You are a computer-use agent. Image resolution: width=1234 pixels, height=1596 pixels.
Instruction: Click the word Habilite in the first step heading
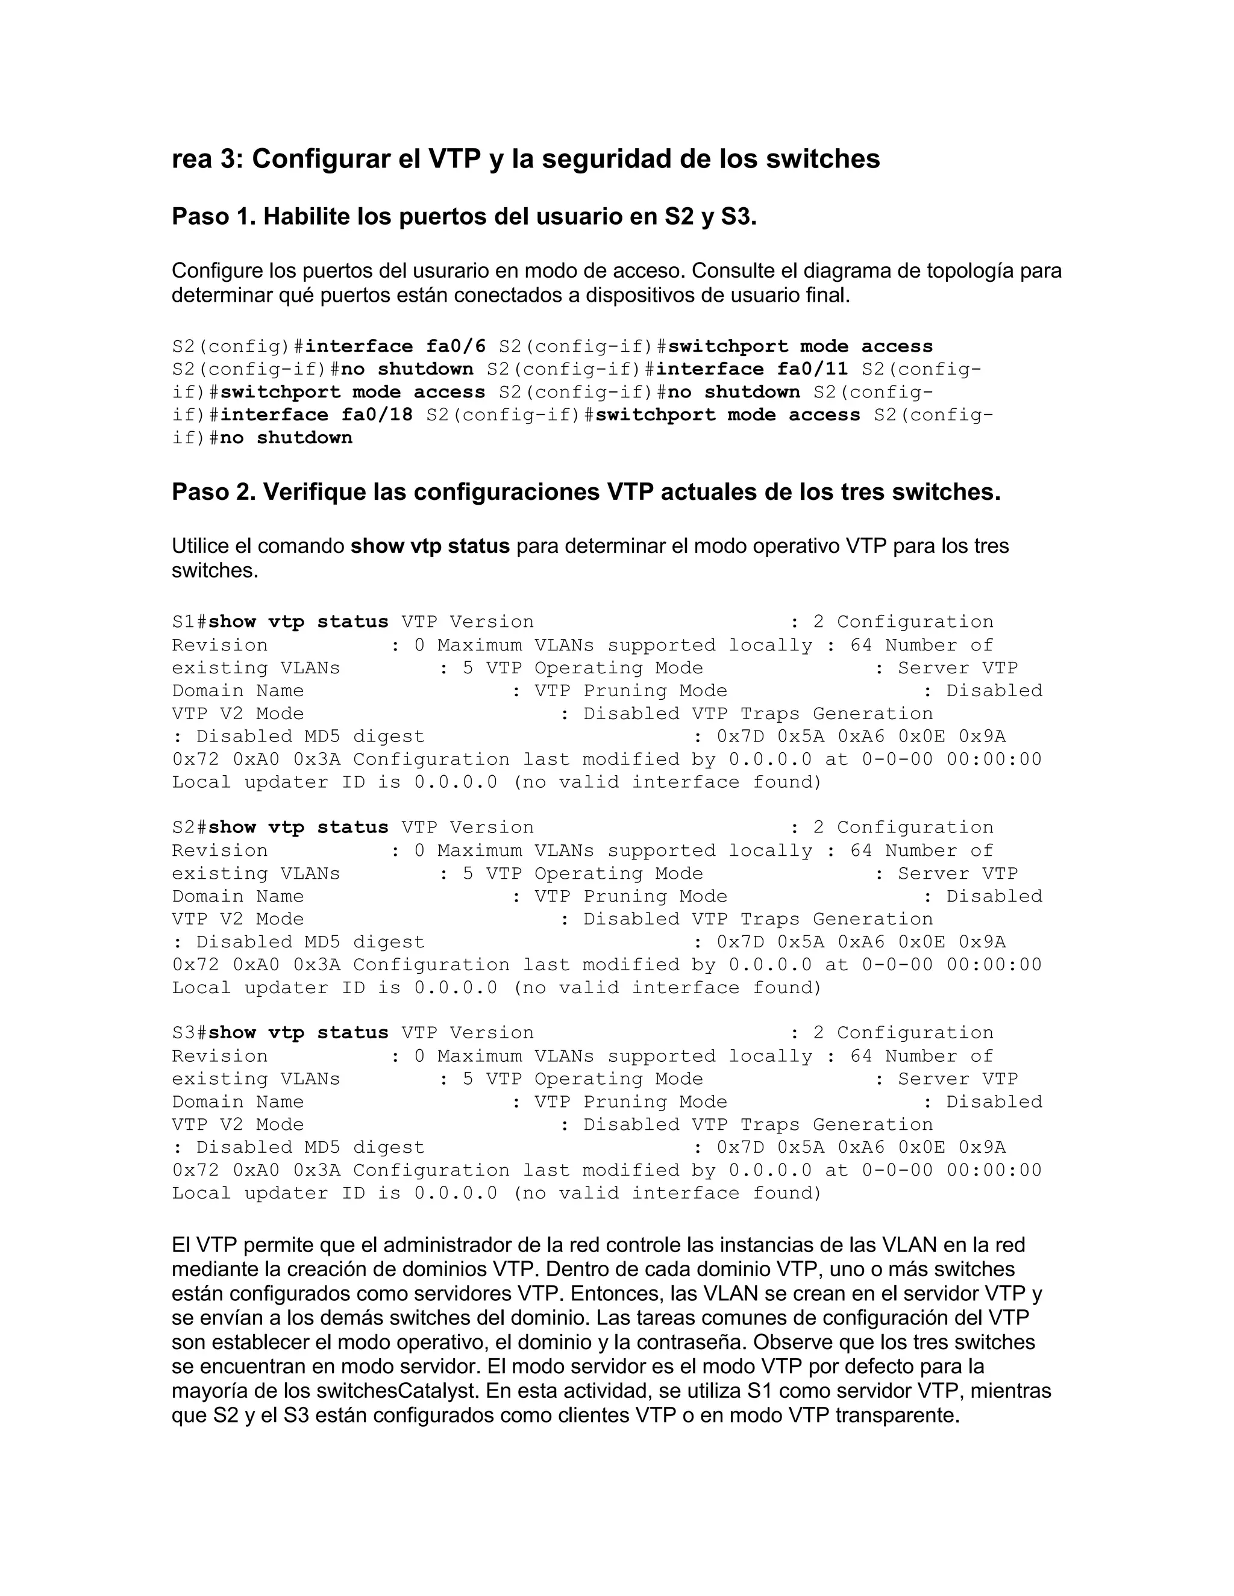(306, 217)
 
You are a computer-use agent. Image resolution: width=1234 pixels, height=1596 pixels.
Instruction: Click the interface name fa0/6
(456, 346)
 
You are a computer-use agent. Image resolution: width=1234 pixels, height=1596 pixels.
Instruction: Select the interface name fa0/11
(812, 369)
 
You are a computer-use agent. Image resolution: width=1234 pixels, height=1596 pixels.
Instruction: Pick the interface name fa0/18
(377, 415)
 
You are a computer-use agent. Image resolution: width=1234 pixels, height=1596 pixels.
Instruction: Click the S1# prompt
(189, 622)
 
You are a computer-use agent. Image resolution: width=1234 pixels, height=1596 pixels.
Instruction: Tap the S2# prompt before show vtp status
(189, 828)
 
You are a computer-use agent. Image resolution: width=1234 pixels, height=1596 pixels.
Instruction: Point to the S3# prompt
(189, 1032)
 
